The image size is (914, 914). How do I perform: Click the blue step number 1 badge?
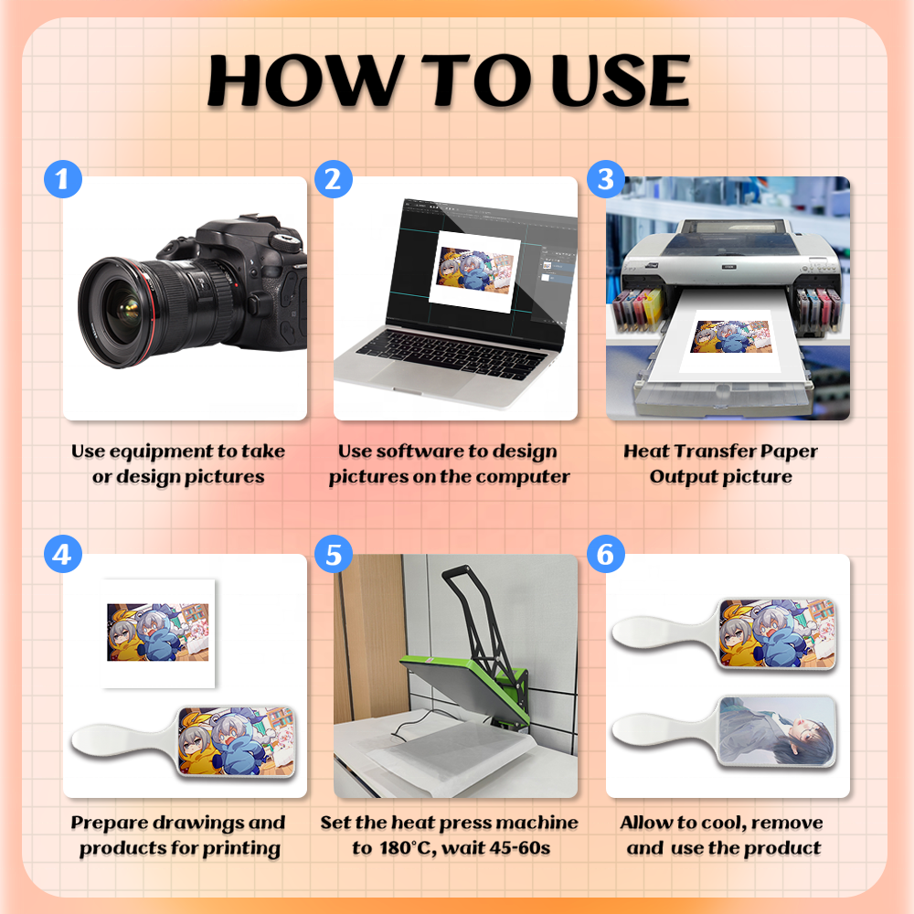point(63,179)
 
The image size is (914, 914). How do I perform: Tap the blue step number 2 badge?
point(334,179)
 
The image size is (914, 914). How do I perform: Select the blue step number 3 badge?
point(606,179)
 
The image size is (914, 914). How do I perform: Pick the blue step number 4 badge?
point(63,554)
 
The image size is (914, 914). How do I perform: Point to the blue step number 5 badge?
point(334,554)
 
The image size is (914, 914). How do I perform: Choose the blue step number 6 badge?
point(606,554)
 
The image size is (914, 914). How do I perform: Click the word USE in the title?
point(621,80)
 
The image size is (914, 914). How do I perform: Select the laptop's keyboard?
point(452,352)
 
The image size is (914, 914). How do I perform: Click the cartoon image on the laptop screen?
point(475,271)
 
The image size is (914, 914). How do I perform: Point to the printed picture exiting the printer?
point(731,336)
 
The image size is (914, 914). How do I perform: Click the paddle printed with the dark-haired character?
point(725,731)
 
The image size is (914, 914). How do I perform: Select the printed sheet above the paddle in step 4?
point(158,633)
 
